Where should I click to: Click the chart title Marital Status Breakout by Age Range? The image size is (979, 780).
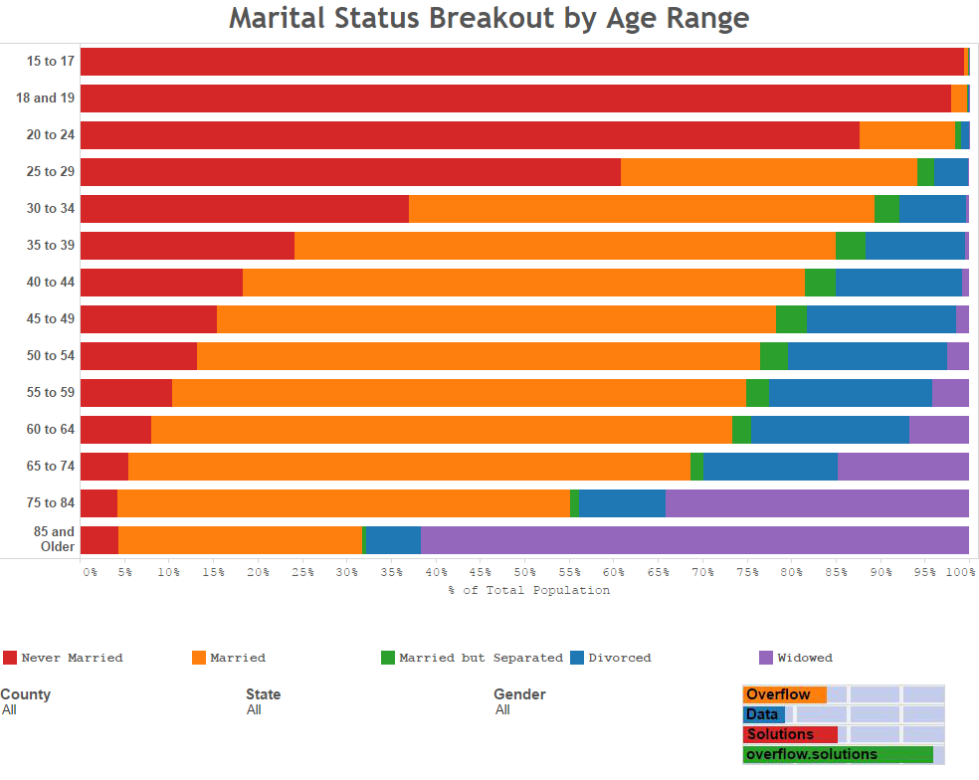489,19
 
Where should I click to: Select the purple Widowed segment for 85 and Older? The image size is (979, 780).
694,540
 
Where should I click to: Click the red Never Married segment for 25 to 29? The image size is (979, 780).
350,172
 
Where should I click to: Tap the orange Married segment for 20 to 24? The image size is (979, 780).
906,135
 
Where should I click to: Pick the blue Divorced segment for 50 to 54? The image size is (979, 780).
867,356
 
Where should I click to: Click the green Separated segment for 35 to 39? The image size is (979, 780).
850,246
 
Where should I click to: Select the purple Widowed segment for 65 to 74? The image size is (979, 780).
902,467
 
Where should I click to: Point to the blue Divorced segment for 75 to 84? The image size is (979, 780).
622,503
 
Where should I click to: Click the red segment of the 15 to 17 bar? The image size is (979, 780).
521,62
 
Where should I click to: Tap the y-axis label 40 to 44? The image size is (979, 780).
51,283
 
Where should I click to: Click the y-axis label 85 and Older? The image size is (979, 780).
55,539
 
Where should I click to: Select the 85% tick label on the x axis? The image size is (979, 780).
837,573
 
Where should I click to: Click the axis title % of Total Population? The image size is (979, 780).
528,590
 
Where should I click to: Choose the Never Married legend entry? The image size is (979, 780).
72,658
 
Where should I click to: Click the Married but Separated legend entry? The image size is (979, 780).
481,658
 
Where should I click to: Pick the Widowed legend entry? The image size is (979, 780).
805,658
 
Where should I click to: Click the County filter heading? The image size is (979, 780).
26,694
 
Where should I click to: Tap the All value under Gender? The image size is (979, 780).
502,710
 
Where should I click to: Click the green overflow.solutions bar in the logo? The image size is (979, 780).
837,755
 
